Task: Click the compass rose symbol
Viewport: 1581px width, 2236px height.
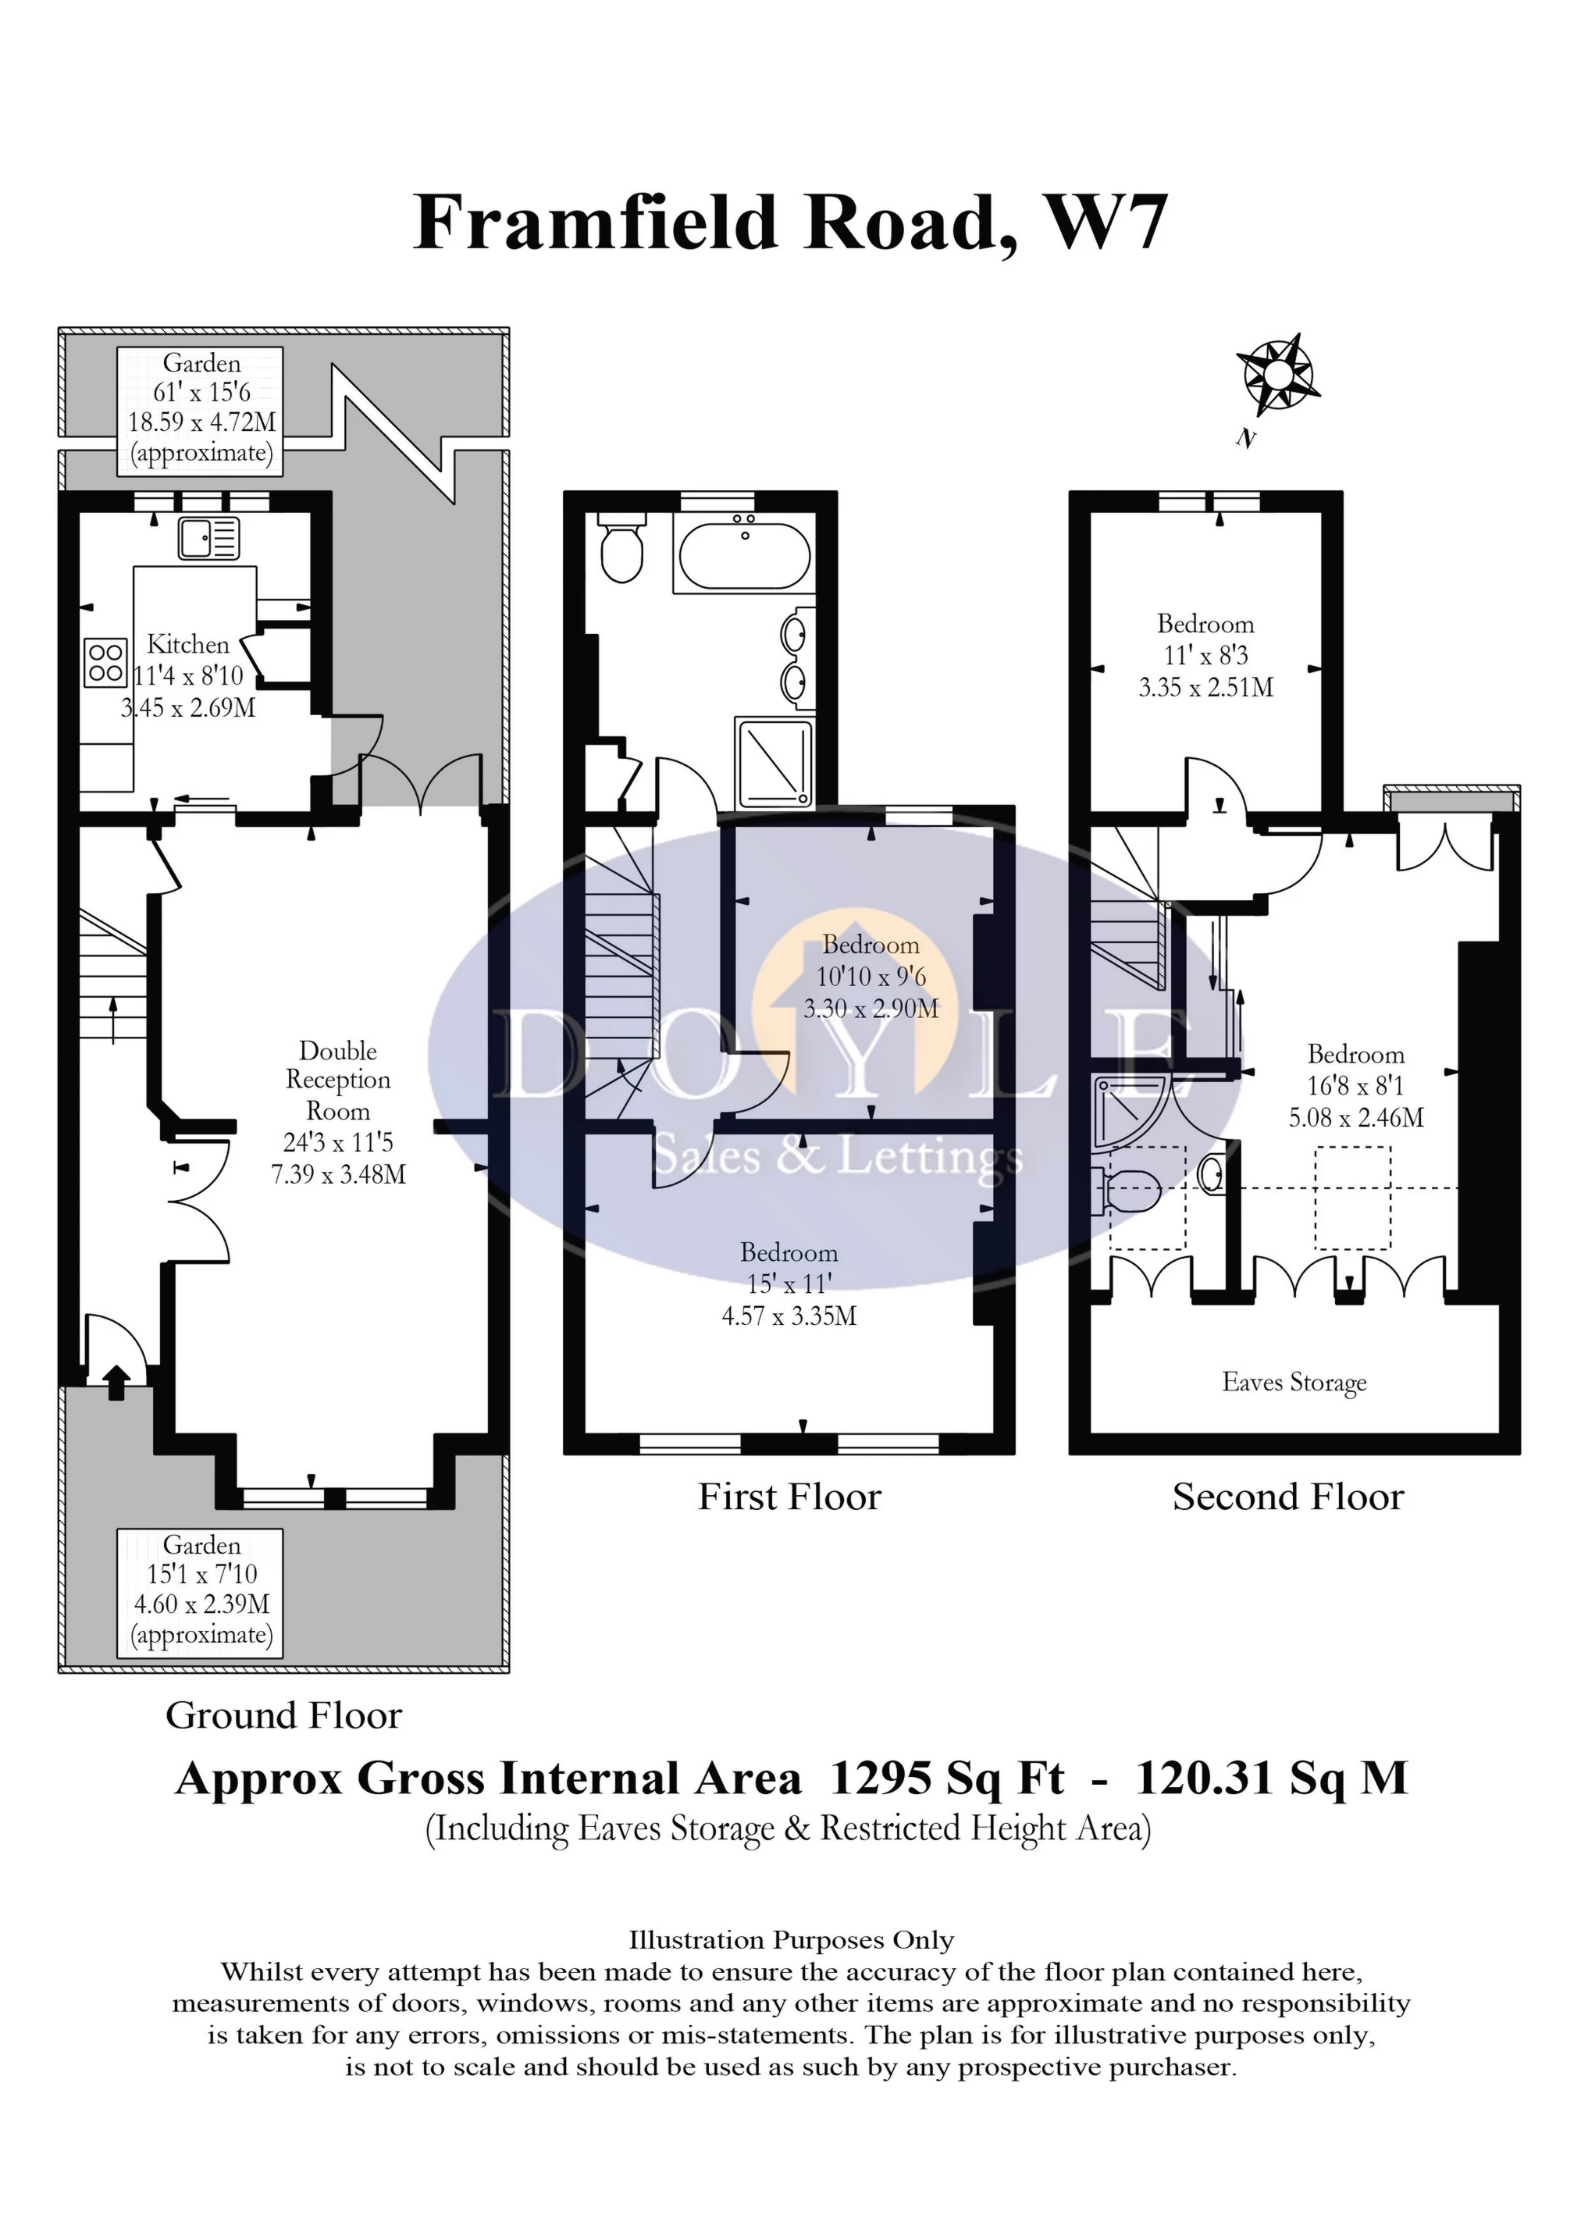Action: (1278, 373)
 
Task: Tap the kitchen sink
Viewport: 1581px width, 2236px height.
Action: (208, 538)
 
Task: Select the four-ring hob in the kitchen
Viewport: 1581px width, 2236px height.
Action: (105, 661)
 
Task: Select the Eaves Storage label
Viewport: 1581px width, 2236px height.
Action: (1294, 1382)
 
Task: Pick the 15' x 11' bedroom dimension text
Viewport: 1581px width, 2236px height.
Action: (788, 1284)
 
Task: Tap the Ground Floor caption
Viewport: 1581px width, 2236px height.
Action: (283, 1715)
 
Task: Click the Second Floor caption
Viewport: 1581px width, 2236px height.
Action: (1287, 1497)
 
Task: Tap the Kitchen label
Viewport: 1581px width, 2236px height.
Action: (188, 644)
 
